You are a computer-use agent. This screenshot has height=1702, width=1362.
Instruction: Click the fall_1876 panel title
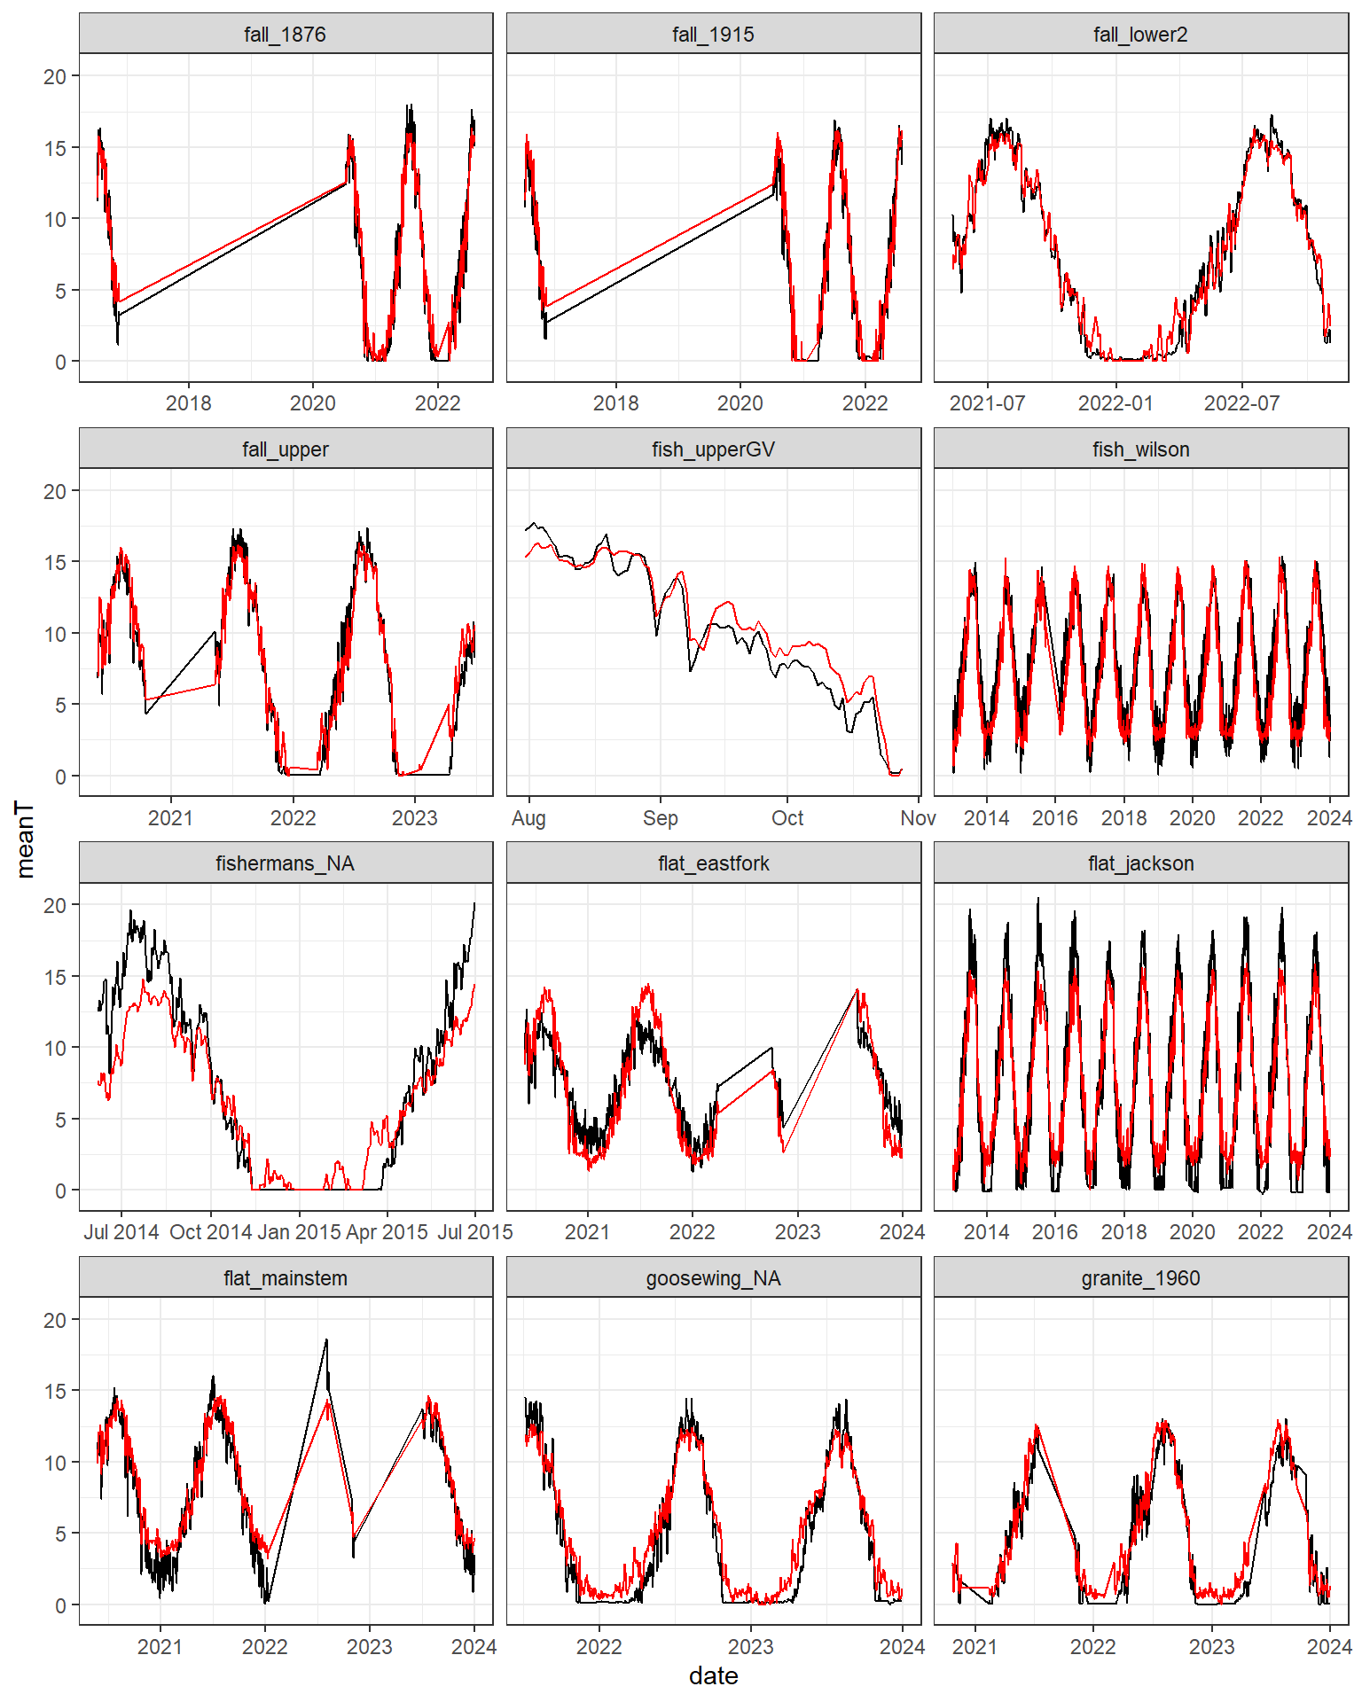point(285,35)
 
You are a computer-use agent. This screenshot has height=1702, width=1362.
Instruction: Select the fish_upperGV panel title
point(713,449)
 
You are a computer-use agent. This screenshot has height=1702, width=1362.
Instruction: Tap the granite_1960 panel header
point(1140,1278)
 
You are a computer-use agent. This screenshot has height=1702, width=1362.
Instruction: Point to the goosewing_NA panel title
point(713,1278)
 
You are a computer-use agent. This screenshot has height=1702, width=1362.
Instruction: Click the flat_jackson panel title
point(1140,863)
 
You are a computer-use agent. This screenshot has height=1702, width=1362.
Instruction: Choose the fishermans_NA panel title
point(285,863)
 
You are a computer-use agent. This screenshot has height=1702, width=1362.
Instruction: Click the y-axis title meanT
point(25,839)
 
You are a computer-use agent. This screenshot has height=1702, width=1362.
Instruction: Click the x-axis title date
point(713,1676)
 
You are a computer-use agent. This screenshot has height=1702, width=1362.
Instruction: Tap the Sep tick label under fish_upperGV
point(660,818)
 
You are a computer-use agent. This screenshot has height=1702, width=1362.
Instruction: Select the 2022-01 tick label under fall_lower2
point(1115,403)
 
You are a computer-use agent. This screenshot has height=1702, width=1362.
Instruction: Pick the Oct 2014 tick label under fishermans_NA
point(210,1232)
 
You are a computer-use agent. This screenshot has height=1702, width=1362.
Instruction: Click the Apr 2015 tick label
point(387,1232)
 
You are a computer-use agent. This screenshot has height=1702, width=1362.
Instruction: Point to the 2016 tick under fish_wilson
point(1054,818)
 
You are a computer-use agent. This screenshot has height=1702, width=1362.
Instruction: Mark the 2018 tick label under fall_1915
point(615,403)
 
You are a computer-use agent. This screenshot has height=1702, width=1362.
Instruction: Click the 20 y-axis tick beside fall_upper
point(55,491)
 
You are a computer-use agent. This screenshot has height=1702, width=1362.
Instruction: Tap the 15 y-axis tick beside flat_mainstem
point(55,1392)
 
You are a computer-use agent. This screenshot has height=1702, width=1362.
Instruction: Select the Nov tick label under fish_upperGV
point(918,818)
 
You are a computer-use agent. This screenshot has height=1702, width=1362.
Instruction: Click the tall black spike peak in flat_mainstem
point(326,1341)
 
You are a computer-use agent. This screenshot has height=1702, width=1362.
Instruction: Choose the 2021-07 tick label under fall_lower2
point(987,403)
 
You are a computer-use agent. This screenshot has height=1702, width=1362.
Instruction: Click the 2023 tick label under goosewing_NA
point(750,1647)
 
